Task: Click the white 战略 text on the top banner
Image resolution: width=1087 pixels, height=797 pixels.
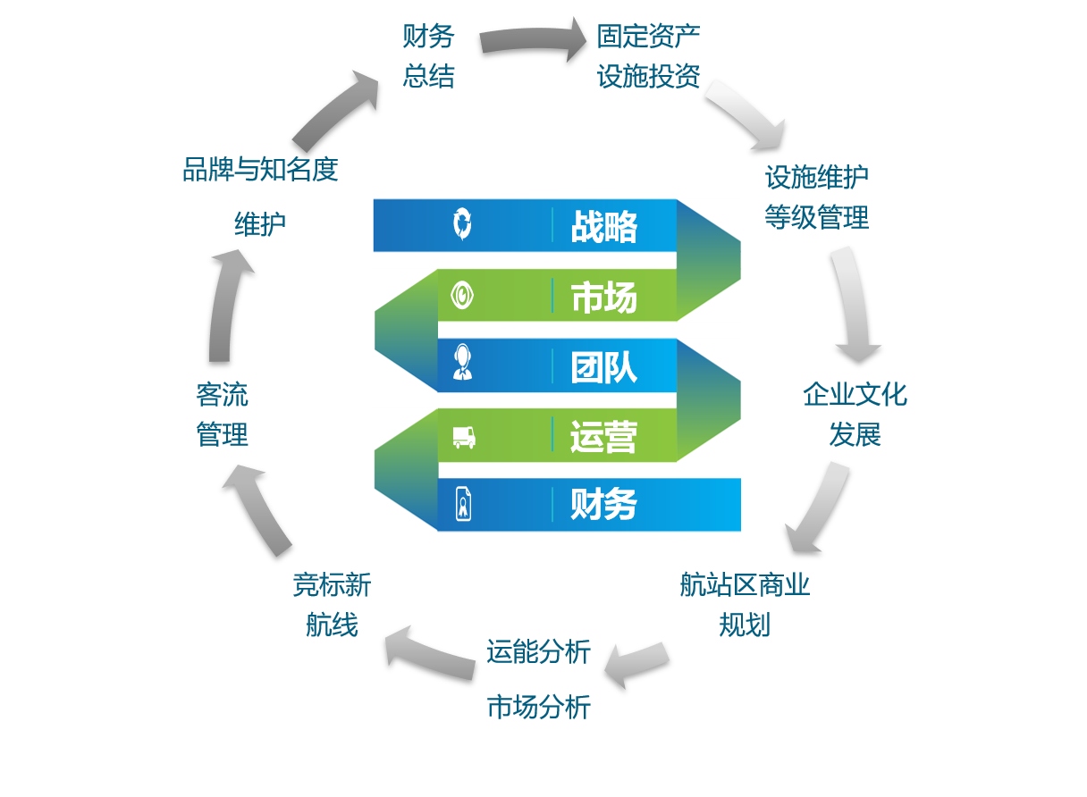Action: tap(603, 227)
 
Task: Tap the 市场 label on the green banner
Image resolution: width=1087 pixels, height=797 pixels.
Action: tap(603, 297)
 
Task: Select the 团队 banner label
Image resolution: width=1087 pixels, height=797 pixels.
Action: tap(603, 367)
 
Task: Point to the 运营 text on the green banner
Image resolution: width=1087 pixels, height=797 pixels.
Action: tap(603, 437)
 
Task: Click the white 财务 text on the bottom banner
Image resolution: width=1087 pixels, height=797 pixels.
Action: tap(603, 505)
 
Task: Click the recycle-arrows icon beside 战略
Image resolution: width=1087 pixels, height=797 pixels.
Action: tap(462, 224)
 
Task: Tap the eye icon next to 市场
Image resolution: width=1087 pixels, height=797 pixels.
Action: tap(462, 296)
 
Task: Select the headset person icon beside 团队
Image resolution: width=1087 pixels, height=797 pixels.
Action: tap(462, 362)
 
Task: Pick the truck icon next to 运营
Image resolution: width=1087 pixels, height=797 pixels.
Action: tap(464, 438)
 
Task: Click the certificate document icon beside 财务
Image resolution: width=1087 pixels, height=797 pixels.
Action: tap(463, 505)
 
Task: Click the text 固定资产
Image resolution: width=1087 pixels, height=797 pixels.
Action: tap(648, 37)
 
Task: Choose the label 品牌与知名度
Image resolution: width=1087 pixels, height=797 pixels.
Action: tap(260, 169)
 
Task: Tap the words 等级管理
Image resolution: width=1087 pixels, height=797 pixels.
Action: tap(817, 217)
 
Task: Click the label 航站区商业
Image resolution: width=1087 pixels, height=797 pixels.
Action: tap(745, 584)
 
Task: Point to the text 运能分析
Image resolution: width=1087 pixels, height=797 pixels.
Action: tap(539, 651)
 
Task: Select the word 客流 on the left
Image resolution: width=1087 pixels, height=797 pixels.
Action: tap(223, 394)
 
